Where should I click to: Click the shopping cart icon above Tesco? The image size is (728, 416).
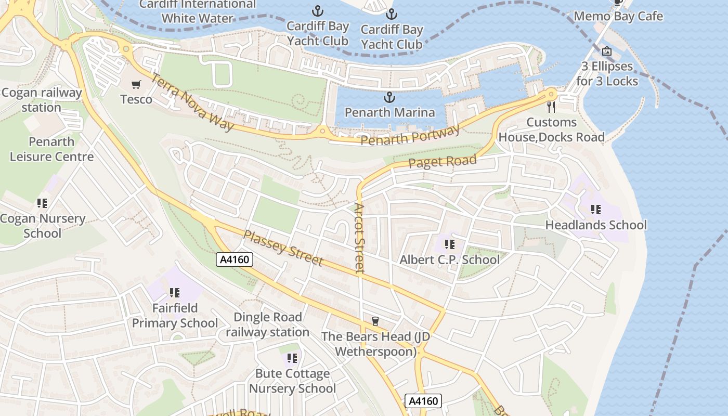point(136,84)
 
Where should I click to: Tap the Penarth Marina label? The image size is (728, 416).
point(389,112)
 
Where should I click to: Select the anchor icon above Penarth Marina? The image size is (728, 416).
point(389,97)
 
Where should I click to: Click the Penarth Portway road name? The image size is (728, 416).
point(410,136)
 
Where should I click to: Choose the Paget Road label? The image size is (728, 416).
point(442,162)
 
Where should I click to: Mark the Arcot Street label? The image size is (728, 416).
point(359,238)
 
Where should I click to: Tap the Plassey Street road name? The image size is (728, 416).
point(283,248)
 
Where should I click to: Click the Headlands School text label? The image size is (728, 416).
point(596,225)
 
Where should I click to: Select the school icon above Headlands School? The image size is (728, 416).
point(595,210)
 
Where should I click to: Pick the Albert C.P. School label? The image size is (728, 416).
point(449,259)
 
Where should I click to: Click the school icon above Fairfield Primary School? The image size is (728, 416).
point(174,293)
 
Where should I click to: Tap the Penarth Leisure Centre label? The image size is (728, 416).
point(52,149)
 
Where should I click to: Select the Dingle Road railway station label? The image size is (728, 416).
point(267,324)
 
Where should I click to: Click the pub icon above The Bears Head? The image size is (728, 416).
point(375,321)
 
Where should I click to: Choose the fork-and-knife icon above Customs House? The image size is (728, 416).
point(552,107)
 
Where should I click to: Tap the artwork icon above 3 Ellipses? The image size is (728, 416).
point(607,51)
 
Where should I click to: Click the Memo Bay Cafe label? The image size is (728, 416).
point(618,16)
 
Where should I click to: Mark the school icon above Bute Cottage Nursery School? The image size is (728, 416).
point(292,358)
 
